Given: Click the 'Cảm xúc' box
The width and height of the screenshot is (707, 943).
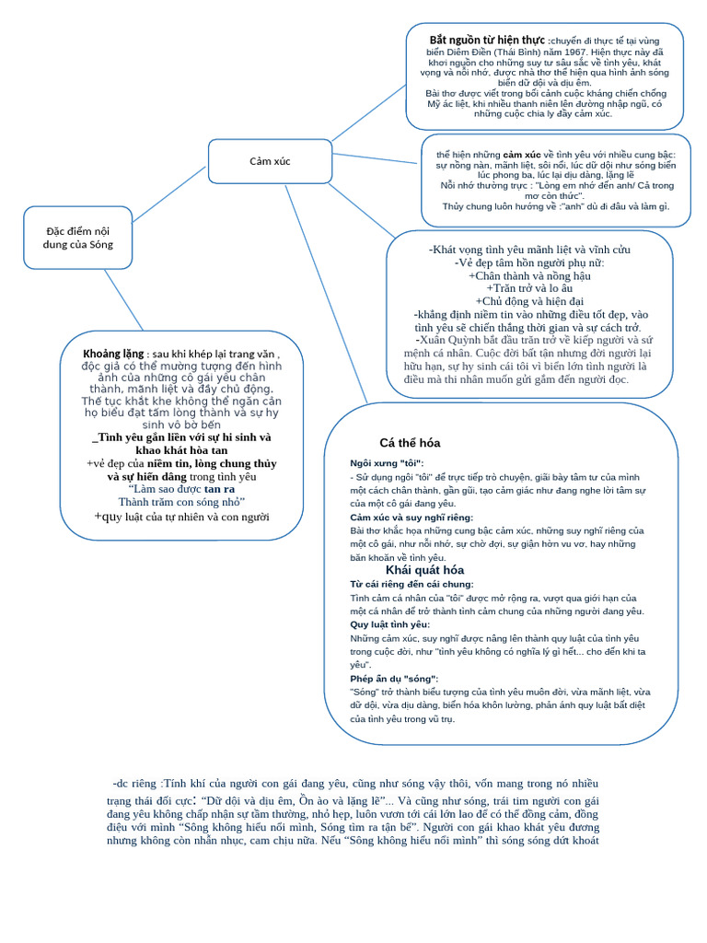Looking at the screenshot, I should pyautogui.click(x=270, y=161).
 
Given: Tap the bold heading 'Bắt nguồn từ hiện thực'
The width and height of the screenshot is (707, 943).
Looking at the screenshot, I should pyautogui.click(x=487, y=41).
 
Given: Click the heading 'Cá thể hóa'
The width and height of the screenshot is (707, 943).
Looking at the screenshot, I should pyautogui.click(x=410, y=443).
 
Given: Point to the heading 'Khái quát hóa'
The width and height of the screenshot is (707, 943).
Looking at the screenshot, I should pyautogui.click(x=424, y=570).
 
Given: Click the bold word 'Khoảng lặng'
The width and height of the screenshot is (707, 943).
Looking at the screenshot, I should pyautogui.click(x=113, y=354).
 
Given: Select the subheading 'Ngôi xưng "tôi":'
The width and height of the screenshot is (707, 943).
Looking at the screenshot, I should pyautogui.click(x=387, y=462).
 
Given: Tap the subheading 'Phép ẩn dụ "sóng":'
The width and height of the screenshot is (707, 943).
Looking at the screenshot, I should pyautogui.click(x=394, y=679).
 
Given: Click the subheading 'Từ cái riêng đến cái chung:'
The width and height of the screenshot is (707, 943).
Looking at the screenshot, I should pyautogui.click(x=411, y=584).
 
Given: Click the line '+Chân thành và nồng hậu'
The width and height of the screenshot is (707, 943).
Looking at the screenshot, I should pyautogui.click(x=529, y=275).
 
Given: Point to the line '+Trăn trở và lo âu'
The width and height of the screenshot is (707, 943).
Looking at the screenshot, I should pyautogui.click(x=529, y=288).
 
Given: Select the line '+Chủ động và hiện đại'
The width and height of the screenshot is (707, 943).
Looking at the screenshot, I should pyautogui.click(x=529, y=301).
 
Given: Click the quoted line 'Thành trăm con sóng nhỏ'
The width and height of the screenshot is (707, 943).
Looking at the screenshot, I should pyautogui.click(x=181, y=502).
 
